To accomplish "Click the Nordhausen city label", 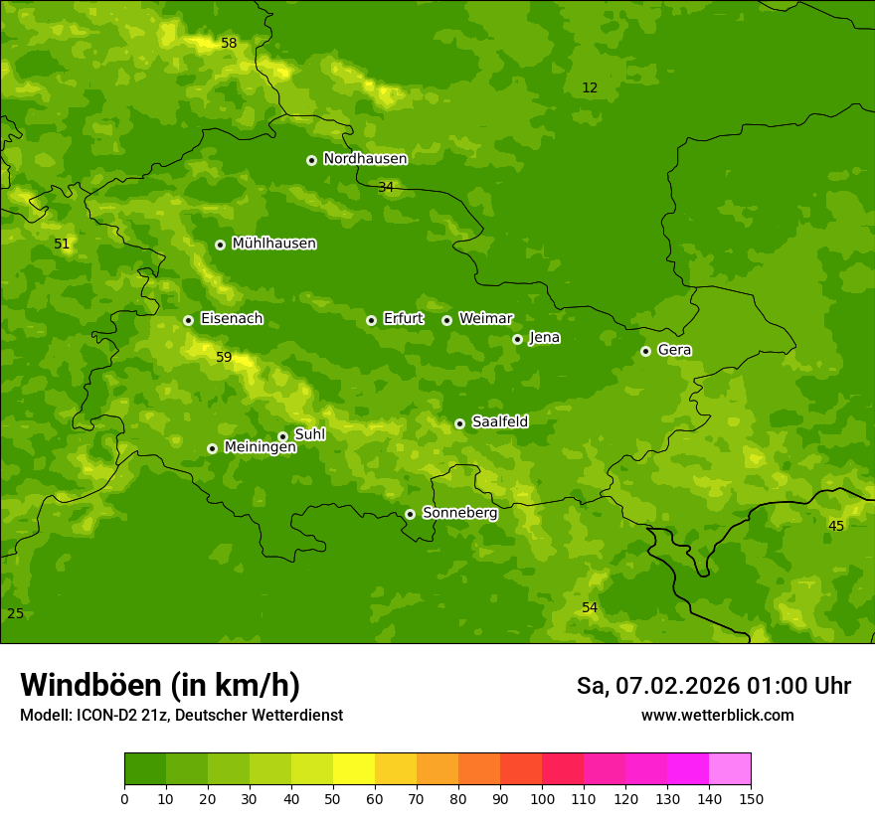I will (365, 159).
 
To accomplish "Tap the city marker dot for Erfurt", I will (371, 320).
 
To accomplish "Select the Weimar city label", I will (485, 319).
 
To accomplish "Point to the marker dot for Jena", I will (517, 339).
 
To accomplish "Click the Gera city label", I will (674, 350).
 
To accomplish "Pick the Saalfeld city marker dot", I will (459, 423).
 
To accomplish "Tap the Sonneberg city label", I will (459, 513).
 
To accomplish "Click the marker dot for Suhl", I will (282, 436).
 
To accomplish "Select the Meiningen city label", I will (260, 447).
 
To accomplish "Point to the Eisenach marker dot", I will (188, 320).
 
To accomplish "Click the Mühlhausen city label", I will (273, 244).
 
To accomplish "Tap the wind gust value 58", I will (229, 44).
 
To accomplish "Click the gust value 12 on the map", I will (590, 88).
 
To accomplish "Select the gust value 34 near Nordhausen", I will (386, 188).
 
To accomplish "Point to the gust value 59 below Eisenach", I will (224, 357).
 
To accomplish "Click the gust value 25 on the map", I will (15, 613).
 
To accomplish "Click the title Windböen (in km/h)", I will (160, 685).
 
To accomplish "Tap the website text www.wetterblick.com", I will (717, 715).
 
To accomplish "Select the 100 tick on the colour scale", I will (542, 798).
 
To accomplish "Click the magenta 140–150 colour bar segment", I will (730, 769).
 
